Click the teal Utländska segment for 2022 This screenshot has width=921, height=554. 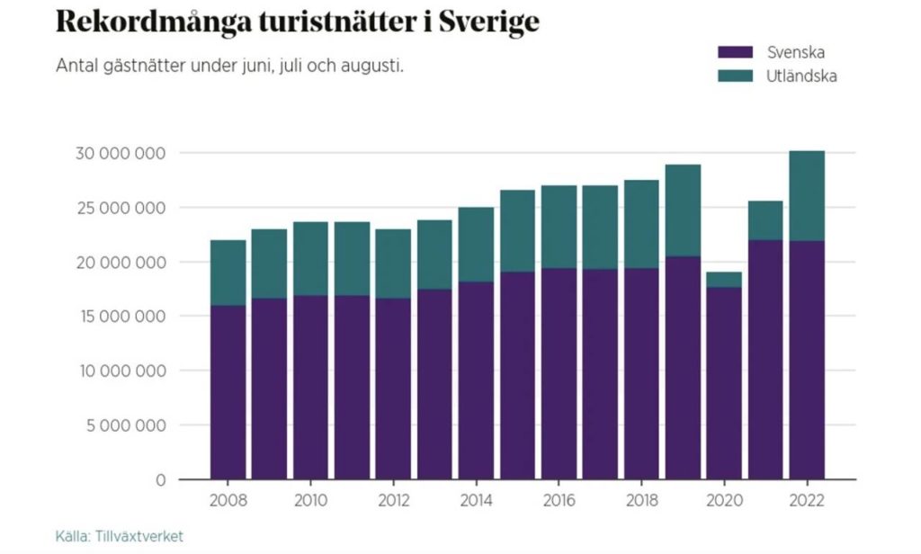click(x=807, y=196)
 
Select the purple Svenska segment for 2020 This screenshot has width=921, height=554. click(x=723, y=382)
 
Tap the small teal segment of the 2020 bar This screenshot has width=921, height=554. click(x=723, y=280)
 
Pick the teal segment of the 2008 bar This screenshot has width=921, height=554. click(x=228, y=273)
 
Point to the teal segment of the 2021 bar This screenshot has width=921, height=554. click(x=765, y=220)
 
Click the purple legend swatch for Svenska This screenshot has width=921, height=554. click(x=734, y=52)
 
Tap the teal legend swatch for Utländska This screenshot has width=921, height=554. click(x=734, y=76)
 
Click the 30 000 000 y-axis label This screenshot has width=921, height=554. click(x=119, y=153)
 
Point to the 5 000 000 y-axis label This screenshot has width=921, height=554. click(x=123, y=425)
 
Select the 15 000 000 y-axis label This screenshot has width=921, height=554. click(x=120, y=317)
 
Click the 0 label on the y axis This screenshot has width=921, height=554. click(x=160, y=480)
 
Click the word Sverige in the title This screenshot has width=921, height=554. click(x=489, y=22)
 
